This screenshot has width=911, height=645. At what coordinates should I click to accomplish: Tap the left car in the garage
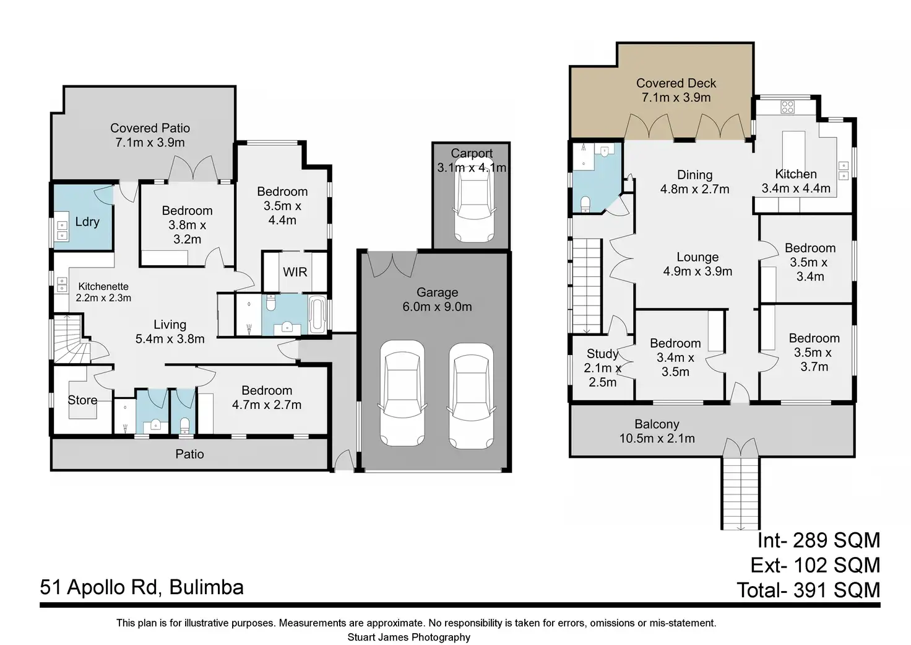[x=403, y=393]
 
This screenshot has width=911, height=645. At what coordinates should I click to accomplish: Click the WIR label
[x=295, y=272]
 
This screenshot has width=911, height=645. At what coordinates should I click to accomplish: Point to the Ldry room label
[x=87, y=222]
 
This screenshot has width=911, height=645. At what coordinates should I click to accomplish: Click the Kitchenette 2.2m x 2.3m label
[x=103, y=292]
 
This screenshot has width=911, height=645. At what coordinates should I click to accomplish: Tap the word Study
[x=602, y=354]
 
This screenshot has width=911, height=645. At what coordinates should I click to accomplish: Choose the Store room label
[x=82, y=400]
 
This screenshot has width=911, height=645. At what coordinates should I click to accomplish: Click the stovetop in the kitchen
[x=787, y=107]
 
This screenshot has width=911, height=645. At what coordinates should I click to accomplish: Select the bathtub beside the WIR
[x=316, y=315]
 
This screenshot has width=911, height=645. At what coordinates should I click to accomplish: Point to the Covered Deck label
[x=676, y=83]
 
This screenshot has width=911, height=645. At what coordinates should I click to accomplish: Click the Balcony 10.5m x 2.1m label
[x=657, y=431]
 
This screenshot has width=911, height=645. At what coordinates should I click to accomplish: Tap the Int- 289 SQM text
[x=818, y=540]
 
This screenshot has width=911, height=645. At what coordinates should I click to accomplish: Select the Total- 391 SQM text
[x=808, y=590]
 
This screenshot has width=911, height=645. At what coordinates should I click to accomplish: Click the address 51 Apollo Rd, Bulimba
[x=142, y=587]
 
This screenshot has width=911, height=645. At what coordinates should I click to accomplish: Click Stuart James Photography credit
[x=408, y=637]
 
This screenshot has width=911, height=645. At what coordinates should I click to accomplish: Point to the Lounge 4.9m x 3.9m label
[x=697, y=264]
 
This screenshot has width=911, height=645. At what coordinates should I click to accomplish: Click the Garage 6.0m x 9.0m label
[x=437, y=299]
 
